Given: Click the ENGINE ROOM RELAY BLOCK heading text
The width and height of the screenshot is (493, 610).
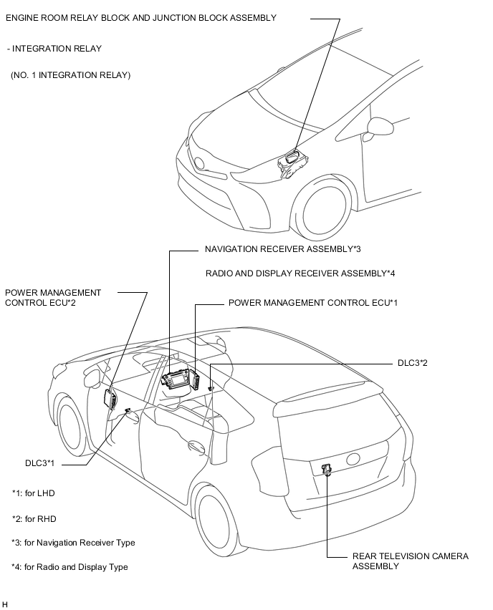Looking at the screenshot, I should (x=140, y=18).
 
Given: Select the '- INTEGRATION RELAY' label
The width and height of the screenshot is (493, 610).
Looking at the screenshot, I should (x=54, y=49).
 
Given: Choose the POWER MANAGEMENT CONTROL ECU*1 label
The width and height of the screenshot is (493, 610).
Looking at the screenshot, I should (x=312, y=303).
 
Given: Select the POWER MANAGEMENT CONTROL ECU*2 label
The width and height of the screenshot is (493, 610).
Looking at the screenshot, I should (x=53, y=297).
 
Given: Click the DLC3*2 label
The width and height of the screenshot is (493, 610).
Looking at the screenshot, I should (x=413, y=363).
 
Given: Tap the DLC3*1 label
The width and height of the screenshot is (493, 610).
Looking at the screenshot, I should (x=40, y=464).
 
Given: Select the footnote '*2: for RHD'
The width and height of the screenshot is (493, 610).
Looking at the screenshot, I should (x=34, y=518).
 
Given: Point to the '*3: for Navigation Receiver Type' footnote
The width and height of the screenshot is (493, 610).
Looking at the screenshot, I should (x=73, y=543).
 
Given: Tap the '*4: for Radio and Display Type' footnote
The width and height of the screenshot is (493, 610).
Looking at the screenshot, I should (x=70, y=567).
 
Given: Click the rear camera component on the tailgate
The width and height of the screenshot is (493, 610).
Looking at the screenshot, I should (x=327, y=470).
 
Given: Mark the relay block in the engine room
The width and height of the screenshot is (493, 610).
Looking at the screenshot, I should (x=293, y=160).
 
